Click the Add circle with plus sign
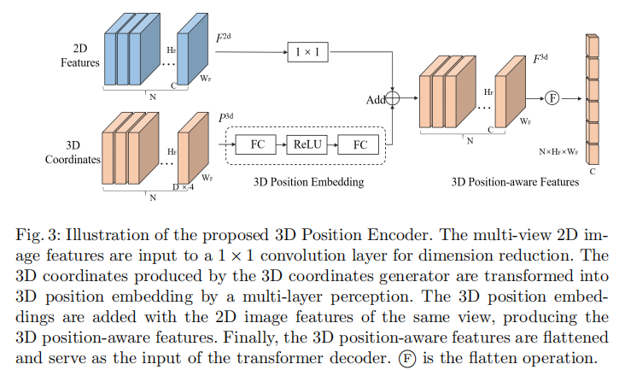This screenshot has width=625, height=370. (x=394, y=98)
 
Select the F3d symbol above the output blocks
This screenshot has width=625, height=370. (x=540, y=60)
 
